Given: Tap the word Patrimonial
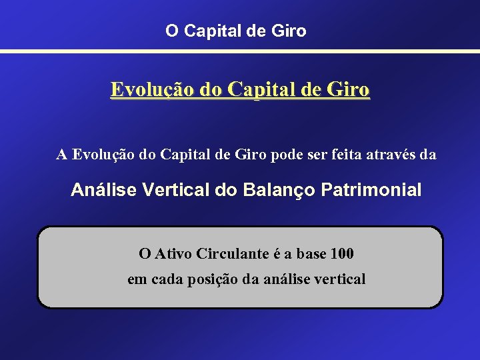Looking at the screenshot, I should [x=371, y=190].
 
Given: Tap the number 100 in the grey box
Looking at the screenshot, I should [x=342, y=254].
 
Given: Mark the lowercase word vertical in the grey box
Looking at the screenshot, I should [x=339, y=279].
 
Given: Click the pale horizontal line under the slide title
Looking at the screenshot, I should [x=240, y=51].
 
